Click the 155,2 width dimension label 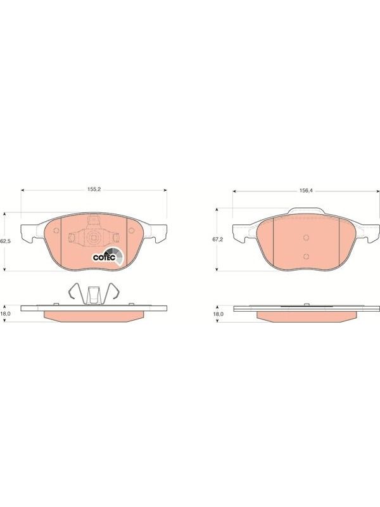(94, 189)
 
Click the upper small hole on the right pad (307, 238)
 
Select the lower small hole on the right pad (307, 257)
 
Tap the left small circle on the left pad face (56, 231)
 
